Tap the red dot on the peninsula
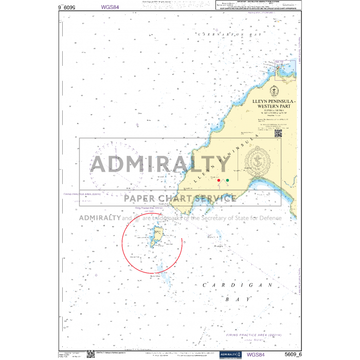pos(219,181)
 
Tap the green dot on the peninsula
pos(227,181)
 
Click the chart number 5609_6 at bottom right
pos(293,354)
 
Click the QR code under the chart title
pos(278,133)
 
